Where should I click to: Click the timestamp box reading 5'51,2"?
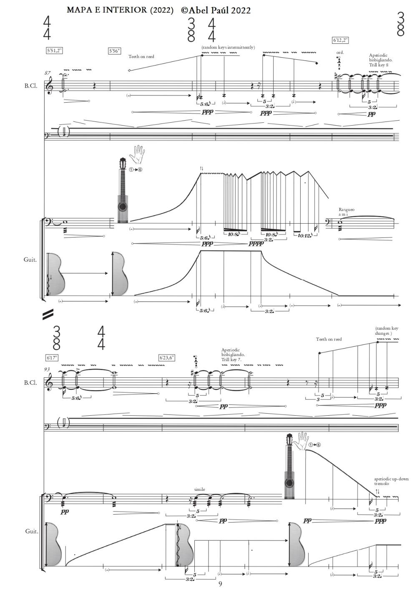coord(55,51)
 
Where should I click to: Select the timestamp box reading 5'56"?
coord(115,51)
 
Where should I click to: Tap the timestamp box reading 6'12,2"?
coord(340,40)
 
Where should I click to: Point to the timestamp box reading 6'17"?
coord(52,358)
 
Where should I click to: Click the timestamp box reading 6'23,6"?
coord(167,358)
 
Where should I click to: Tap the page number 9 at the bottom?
coord(221,583)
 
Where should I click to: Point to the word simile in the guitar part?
coord(200,489)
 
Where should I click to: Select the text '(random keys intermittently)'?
coord(228,47)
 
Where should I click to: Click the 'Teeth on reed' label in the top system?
coord(141,56)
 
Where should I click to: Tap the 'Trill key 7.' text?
coord(231,359)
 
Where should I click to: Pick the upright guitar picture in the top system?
coord(123,190)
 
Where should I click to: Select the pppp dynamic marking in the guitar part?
coord(256,243)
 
